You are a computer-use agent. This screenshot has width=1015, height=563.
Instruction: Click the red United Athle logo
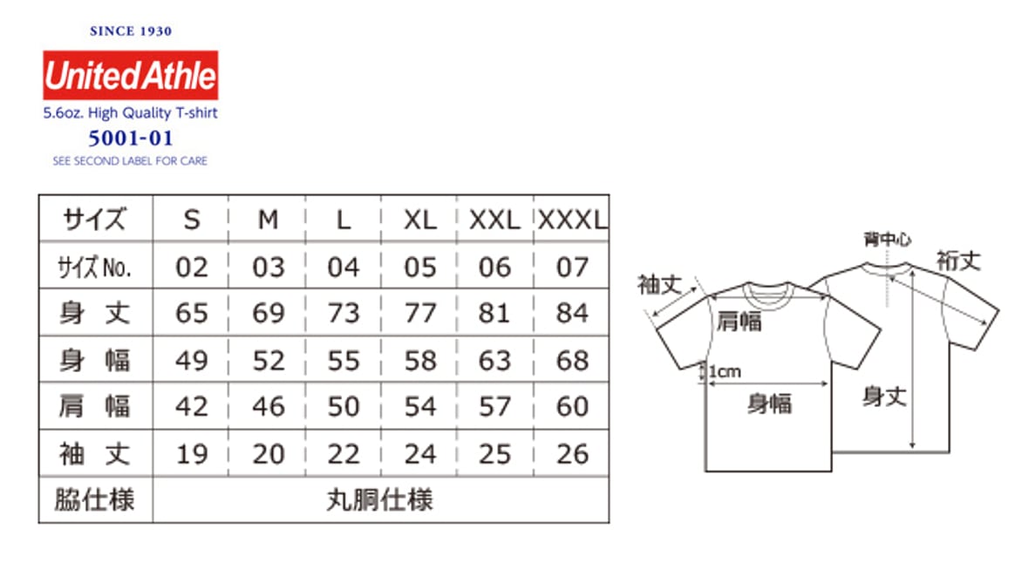coord(131,76)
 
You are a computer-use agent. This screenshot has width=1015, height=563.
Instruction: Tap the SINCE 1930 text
coord(131,31)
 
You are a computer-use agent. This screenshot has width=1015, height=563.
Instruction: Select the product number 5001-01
coord(131,138)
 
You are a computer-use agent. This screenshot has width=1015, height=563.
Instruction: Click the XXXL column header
coord(572,220)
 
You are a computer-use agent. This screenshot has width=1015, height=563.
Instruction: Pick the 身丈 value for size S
coord(192,313)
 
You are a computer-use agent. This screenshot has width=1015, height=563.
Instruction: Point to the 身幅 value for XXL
coord(494,360)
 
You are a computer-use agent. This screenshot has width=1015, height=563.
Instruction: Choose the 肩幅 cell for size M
coord(268,406)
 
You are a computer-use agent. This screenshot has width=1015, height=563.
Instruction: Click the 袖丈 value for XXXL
coord(572,453)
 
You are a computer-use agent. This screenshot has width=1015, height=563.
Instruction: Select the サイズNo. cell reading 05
coord(419,267)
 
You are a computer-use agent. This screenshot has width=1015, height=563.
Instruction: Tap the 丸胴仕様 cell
coord(380,500)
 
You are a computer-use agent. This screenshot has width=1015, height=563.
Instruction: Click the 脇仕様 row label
coord(95,500)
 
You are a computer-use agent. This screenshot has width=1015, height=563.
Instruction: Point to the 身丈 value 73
coord(344,313)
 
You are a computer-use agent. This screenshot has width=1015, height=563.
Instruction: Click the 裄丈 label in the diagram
coord(958,260)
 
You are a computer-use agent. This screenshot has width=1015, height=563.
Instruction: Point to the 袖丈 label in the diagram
coord(661,284)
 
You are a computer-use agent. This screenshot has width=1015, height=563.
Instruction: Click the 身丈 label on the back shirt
coord(884,397)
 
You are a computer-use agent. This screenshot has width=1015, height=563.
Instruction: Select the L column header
coord(344,220)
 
